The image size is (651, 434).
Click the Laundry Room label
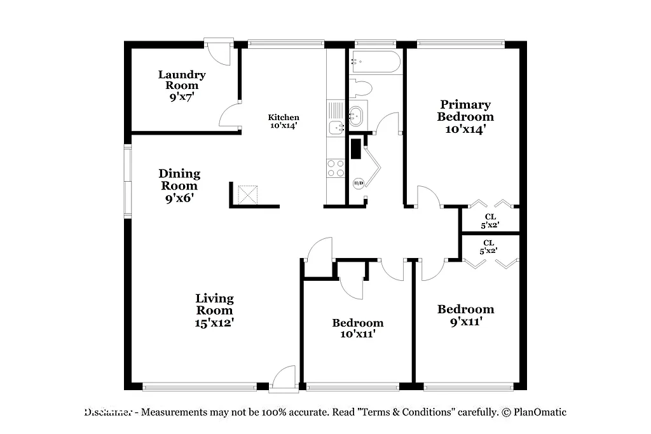click(x=182, y=85)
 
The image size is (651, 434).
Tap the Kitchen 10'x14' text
click(x=283, y=121)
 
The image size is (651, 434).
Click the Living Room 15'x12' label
click(x=214, y=310)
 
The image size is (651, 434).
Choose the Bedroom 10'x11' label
click(x=358, y=328)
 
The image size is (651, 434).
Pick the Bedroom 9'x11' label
click(x=465, y=315)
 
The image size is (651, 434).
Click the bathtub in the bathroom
click(x=375, y=62)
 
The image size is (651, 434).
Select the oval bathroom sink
click(x=356, y=116)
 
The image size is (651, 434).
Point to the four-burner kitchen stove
click(x=336, y=168)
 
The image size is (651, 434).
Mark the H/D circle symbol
click(x=358, y=184)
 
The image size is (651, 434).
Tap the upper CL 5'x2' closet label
click(x=490, y=220)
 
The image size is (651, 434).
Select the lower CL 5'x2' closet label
click(x=489, y=247)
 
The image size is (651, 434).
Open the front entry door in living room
click(x=284, y=378)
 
